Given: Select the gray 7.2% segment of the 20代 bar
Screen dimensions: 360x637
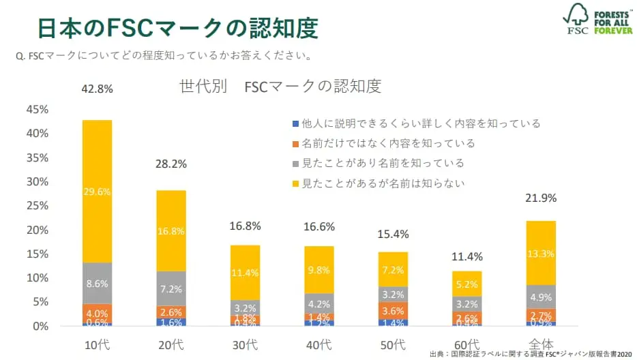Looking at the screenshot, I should (x=171, y=289).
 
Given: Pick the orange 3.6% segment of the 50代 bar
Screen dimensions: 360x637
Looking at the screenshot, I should (x=393, y=310).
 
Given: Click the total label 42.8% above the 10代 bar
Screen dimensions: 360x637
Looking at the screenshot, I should (x=97, y=89).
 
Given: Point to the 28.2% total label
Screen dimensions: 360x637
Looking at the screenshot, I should (x=171, y=164).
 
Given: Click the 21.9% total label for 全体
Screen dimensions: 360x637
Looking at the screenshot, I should (x=542, y=198).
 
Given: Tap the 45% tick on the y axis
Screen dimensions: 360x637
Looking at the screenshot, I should (x=37, y=110).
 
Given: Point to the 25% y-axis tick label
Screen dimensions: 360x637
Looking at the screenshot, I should (x=37, y=206).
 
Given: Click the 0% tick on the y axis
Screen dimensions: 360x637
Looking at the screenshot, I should (x=40, y=326).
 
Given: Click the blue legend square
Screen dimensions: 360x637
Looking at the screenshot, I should (x=295, y=124).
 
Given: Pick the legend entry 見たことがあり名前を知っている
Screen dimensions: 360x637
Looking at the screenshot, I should (x=383, y=164).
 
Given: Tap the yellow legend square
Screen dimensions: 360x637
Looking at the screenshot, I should (x=295, y=183).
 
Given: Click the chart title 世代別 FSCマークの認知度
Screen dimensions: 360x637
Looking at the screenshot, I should (x=280, y=87).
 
